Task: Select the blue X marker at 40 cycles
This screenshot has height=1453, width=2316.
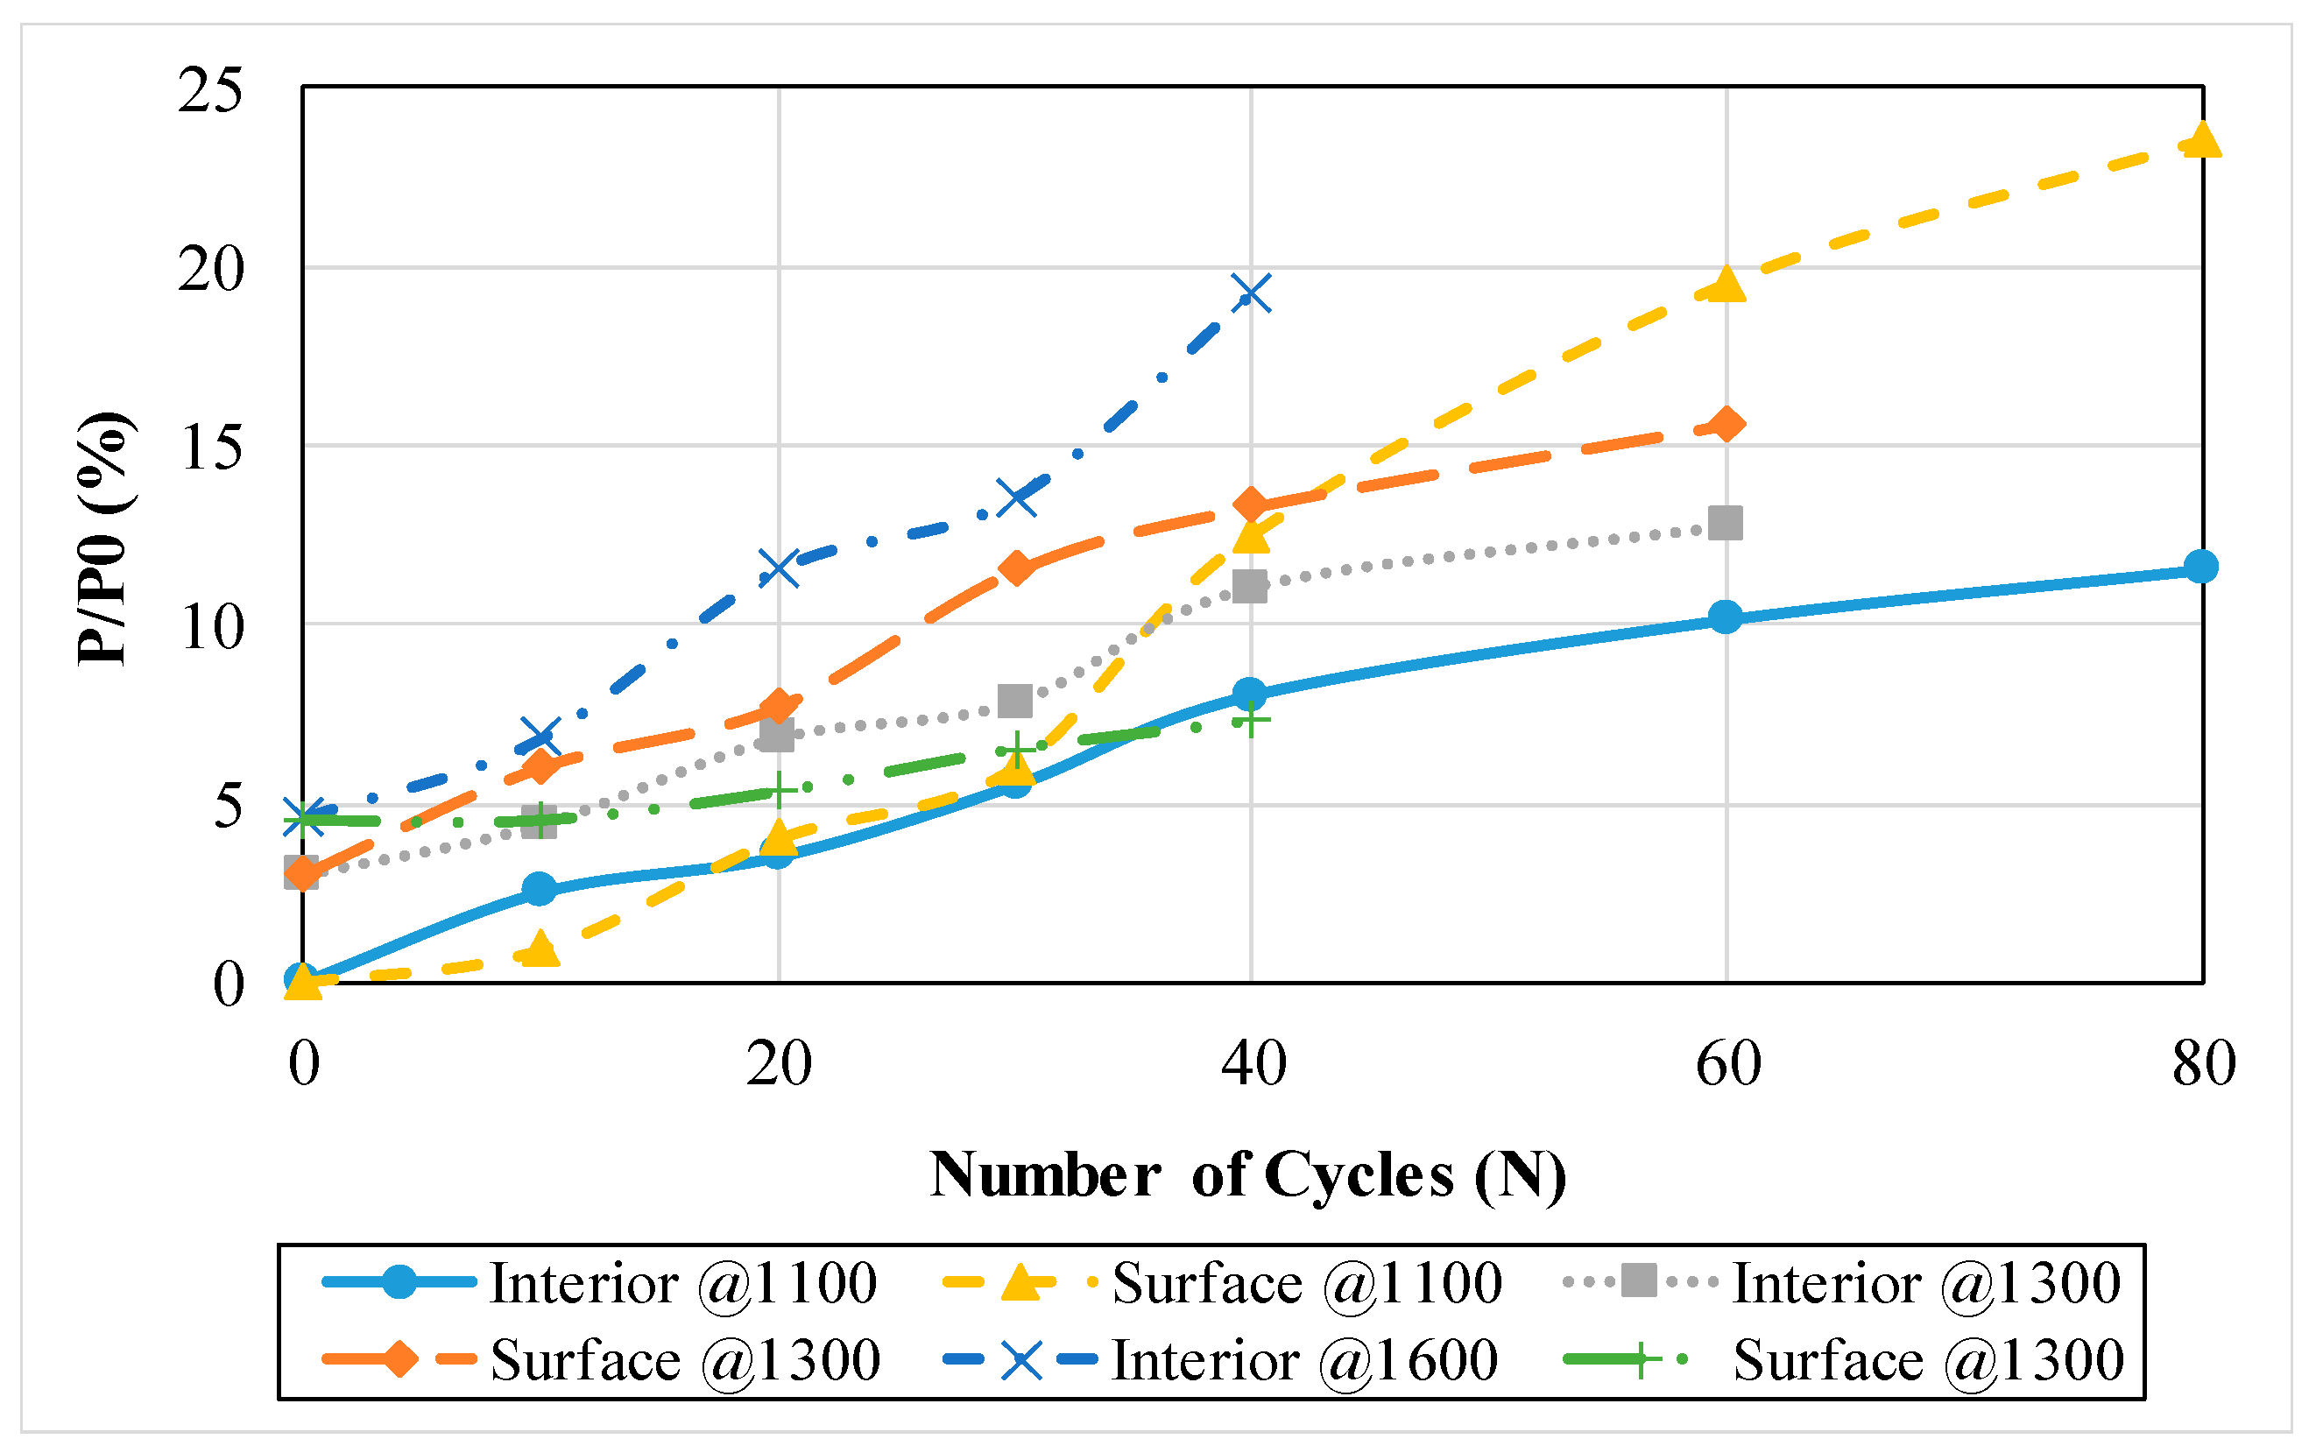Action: point(1251,293)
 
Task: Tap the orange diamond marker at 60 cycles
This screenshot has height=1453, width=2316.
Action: point(1726,424)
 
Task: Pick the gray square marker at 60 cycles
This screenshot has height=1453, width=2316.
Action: point(1726,524)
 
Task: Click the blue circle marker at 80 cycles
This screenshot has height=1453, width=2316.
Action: point(2200,567)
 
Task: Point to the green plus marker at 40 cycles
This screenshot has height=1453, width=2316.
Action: point(1251,720)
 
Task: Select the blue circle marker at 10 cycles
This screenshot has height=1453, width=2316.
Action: point(540,889)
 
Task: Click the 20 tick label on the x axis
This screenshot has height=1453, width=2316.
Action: point(779,1064)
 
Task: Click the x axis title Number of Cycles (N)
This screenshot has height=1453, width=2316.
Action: point(1247,1174)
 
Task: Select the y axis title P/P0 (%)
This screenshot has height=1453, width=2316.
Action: point(103,538)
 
